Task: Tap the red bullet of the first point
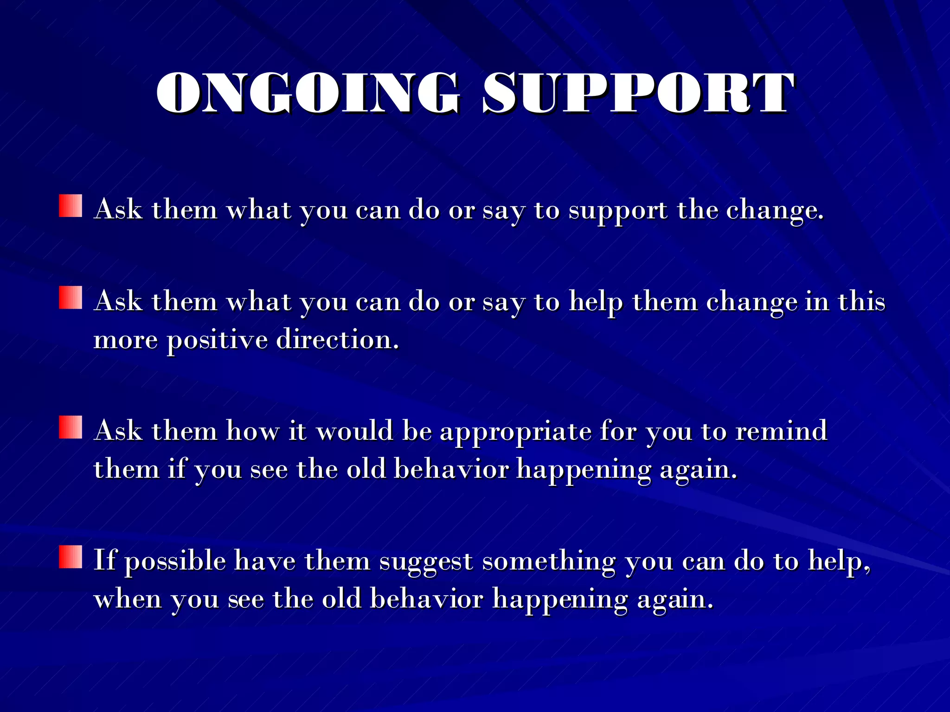click(x=71, y=206)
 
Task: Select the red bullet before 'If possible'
click(x=71, y=557)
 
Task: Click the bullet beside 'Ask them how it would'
click(x=71, y=427)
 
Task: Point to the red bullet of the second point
click(x=71, y=298)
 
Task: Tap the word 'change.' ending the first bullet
click(x=775, y=211)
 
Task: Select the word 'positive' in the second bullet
click(x=217, y=341)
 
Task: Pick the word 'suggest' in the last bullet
click(x=425, y=562)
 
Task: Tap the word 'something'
click(x=549, y=561)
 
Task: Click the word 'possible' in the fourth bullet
click(x=175, y=561)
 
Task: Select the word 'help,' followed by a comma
click(x=839, y=561)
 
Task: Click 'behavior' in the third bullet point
click(x=451, y=470)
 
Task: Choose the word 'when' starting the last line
click(x=128, y=599)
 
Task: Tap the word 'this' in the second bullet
click(x=861, y=302)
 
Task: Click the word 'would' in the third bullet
click(x=355, y=432)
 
